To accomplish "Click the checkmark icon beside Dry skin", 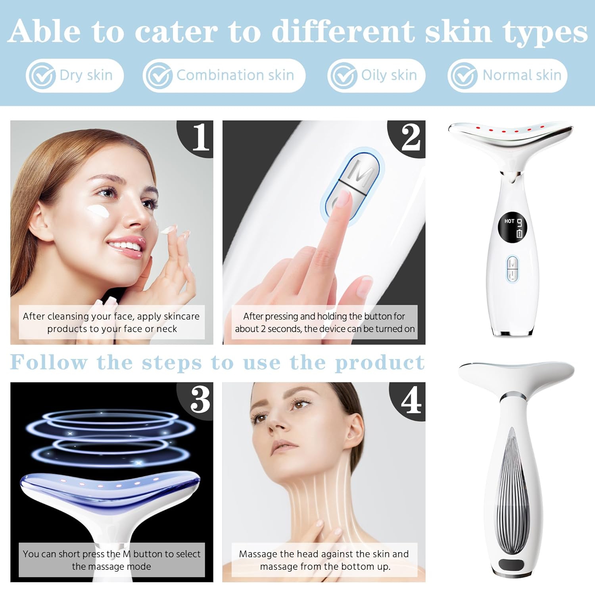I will [x=41, y=75].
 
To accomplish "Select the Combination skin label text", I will [x=235, y=75].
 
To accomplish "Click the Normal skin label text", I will [x=522, y=75].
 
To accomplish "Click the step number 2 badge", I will [x=410, y=138].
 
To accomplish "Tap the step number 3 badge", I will [x=200, y=399].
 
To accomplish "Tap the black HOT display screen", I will [x=513, y=228].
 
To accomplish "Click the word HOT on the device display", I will [x=509, y=221].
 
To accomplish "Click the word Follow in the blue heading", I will [x=48, y=363].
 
